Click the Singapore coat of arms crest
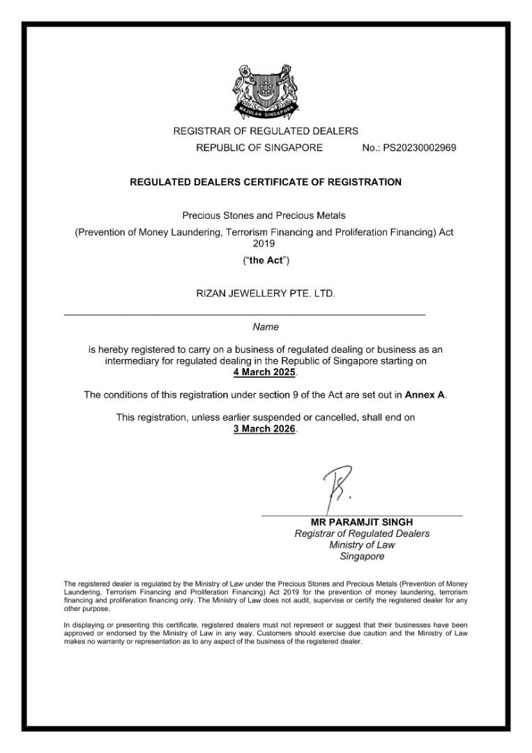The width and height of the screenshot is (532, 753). pos(265,91)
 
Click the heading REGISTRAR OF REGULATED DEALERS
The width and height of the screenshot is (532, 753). pos(266,130)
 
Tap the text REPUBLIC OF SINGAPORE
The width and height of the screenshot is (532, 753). pos(259,148)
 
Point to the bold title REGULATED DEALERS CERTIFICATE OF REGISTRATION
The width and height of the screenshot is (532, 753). pos(266,182)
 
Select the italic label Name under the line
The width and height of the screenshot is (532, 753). pos(266,326)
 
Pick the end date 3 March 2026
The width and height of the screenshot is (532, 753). pos(264,428)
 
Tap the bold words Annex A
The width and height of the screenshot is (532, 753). pos(425,395)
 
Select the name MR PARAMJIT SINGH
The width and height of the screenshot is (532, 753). pos(362,522)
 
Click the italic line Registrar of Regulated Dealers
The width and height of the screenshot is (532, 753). pos(362,533)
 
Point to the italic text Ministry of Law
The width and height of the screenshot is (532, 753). pos(362,545)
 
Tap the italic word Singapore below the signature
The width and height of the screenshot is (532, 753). pos(362,556)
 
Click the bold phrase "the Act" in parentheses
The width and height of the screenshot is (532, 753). pos(266,261)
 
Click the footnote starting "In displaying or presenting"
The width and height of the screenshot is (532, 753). pos(265,633)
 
